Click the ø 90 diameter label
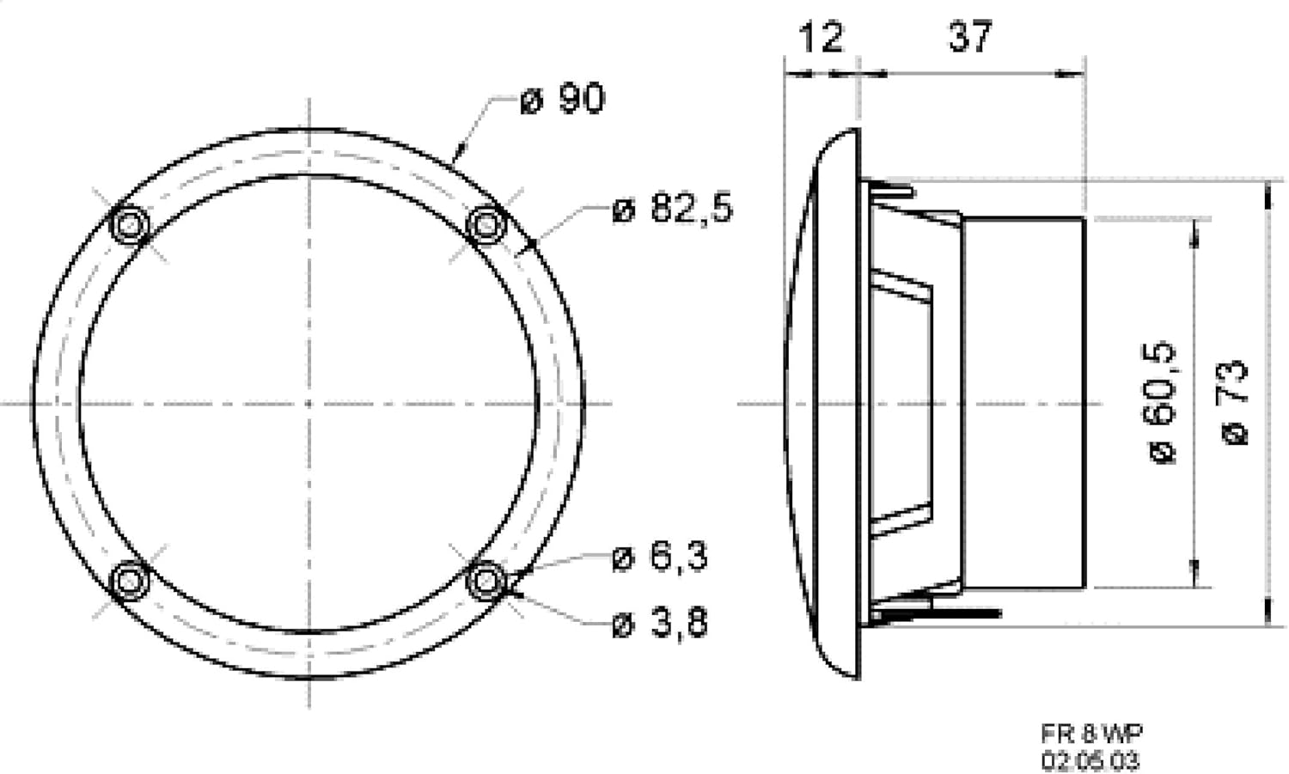click(562, 99)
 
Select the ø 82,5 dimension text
click(673, 207)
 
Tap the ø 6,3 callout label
click(660, 557)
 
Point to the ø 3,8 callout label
click(660, 622)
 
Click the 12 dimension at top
click(822, 38)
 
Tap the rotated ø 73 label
click(1234, 402)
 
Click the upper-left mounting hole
click(130, 224)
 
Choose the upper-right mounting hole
click(487, 224)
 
